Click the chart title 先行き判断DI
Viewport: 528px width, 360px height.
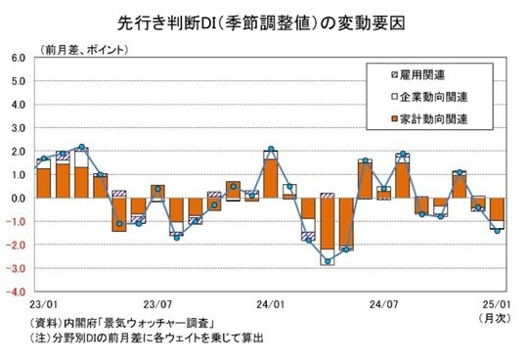point(264,20)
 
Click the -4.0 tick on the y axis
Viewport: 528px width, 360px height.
point(18,292)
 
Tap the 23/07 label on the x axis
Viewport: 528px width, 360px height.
point(158,304)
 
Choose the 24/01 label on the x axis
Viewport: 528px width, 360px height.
point(271,304)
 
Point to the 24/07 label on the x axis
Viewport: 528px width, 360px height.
point(383,304)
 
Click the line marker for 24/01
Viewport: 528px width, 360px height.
point(271,150)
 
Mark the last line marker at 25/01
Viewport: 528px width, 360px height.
point(497,230)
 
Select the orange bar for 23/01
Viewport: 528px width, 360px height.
point(43,183)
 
